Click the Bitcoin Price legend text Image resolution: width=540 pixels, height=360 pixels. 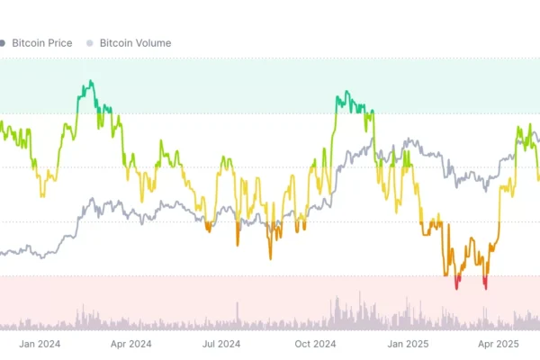coord(42,42)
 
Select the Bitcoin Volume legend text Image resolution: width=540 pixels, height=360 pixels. coord(135,42)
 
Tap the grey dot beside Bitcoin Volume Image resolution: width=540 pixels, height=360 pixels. coord(89,42)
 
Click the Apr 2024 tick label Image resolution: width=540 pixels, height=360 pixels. coord(130,343)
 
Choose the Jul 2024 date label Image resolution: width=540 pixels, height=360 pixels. coord(221,343)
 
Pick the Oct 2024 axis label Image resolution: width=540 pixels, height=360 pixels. coord(315,343)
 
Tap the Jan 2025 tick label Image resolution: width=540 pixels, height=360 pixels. coord(407,343)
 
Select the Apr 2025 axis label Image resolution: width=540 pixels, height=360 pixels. coord(498,343)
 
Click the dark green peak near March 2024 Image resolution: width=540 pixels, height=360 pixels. coord(88,84)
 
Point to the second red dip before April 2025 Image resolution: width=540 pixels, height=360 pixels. coord(486,287)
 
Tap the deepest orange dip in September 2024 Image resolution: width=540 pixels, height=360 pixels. coord(270,257)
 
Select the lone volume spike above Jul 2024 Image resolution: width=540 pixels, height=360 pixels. coord(238,306)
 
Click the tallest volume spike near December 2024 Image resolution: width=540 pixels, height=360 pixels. coord(361,293)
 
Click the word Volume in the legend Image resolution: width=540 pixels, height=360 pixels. coord(150,42)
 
